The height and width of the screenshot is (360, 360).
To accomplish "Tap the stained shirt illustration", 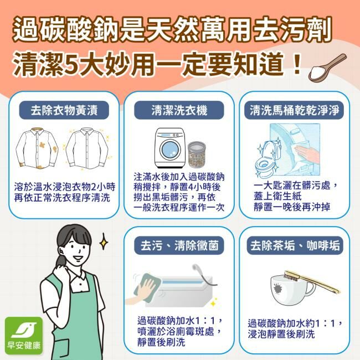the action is (37, 148).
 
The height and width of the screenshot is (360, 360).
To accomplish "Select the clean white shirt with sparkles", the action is (87, 148).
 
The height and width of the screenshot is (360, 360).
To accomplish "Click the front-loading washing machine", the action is (170, 148).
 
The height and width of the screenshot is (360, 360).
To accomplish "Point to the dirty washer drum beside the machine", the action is (197, 155).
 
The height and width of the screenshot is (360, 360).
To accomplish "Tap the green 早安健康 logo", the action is (24, 336).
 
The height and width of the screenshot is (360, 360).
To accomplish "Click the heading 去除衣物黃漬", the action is (64, 110).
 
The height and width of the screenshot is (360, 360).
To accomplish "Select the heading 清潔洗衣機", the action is (179, 110).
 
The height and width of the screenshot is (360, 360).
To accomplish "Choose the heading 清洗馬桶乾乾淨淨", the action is (294, 110).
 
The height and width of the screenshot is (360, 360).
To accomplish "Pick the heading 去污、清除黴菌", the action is (179, 245).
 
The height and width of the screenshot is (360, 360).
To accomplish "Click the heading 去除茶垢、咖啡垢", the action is (295, 245).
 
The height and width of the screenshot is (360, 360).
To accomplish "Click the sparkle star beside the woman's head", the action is (104, 241).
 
